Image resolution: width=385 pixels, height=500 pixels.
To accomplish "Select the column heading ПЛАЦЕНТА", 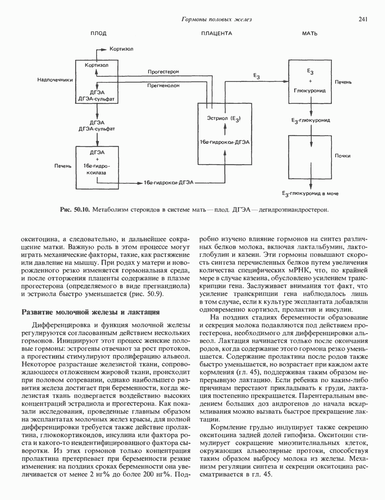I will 217,33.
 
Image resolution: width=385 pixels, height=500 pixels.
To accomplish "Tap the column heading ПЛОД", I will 98,33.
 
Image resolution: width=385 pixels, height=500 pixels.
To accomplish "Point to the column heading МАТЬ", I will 310,33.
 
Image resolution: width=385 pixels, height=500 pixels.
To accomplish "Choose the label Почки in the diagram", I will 343,156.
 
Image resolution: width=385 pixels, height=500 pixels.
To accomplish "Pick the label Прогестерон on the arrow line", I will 163,72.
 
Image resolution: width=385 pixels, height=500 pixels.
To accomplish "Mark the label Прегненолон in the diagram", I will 163,86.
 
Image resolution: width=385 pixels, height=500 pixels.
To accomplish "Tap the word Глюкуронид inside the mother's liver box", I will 310,91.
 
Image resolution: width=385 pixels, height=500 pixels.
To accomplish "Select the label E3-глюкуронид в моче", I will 310,194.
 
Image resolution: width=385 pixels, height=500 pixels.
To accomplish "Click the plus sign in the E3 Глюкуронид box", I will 310,81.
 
